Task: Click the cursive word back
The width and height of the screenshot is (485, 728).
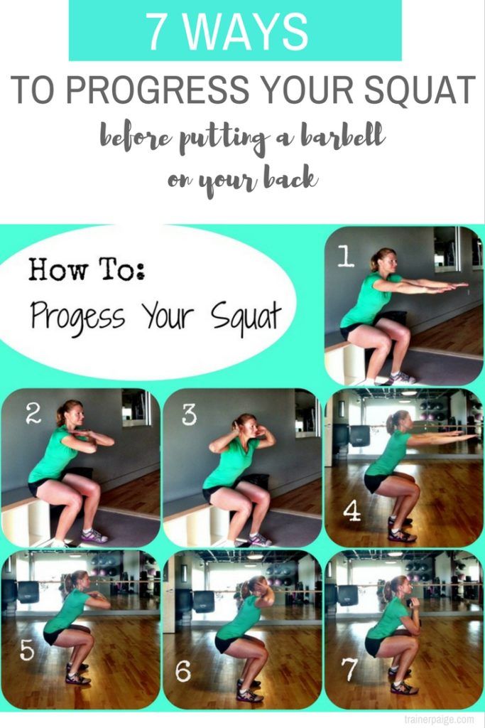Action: click(x=290, y=178)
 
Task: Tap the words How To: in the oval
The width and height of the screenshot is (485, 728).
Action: click(x=87, y=269)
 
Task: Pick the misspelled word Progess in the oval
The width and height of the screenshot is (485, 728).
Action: click(x=77, y=315)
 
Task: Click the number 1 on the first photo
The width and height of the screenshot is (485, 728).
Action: click(x=345, y=256)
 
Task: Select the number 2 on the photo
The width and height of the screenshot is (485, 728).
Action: click(x=33, y=413)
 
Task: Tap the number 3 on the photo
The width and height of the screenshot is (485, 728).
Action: click(x=189, y=414)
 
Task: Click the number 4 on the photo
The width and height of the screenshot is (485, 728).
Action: click(x=352, y=511)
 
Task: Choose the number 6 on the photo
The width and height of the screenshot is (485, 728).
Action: click(x=182, y=671)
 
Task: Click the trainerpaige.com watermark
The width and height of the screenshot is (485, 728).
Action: click(x=439, y=719)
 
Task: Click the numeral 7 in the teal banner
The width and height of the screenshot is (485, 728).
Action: click(x=158, y=31)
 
